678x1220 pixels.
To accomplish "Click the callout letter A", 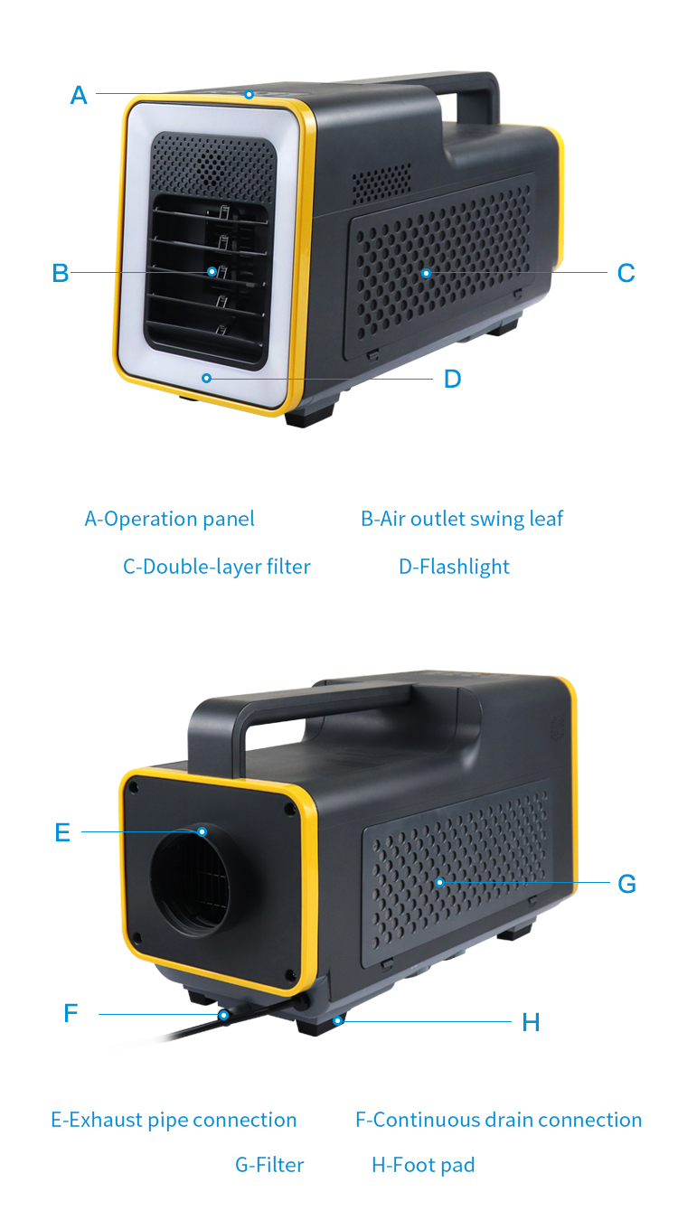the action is tap(79, 95).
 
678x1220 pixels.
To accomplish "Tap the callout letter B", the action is tap(61, 273).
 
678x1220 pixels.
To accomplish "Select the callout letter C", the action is tap(626, 273).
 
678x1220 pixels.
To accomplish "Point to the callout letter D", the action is tap(452, 379).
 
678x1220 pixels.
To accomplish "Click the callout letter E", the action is tap(62, 832).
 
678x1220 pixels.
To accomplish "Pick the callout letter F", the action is tap(71, 1014).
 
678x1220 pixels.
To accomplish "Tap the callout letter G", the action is tap(626, 884).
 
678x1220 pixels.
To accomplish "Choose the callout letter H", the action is tap(531, 1022).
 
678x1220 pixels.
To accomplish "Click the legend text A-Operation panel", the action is tap(170, 519).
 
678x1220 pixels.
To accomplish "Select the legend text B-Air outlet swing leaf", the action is tap(462, 519).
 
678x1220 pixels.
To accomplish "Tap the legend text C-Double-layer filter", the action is tap(216, 567).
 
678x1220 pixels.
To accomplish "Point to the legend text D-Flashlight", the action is tap(454, 567).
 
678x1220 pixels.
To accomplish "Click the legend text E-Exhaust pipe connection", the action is tap(174, 1120).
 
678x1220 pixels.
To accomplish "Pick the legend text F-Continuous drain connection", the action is tap(499, 1120).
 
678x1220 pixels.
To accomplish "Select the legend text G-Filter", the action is tap(269, 1165).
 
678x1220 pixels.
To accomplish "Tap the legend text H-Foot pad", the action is tap(423, 1165).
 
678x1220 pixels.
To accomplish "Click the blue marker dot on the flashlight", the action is tap(206, 378).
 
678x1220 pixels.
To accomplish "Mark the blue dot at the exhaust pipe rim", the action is tap(202, 831).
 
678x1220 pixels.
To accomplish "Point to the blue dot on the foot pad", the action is tap(338, 1020).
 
